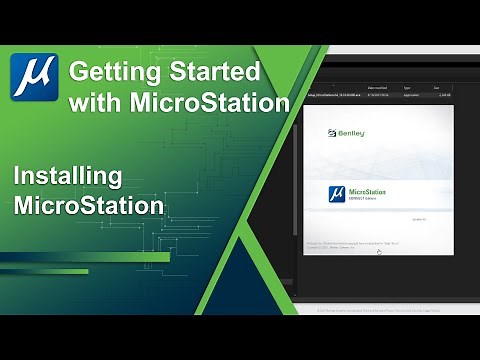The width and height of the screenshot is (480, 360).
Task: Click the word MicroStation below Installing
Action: click(x=89, y=207)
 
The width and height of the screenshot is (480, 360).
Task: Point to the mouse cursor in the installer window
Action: click(x=378, y=252)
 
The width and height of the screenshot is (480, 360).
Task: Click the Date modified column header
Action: click(x=382, y=87)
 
